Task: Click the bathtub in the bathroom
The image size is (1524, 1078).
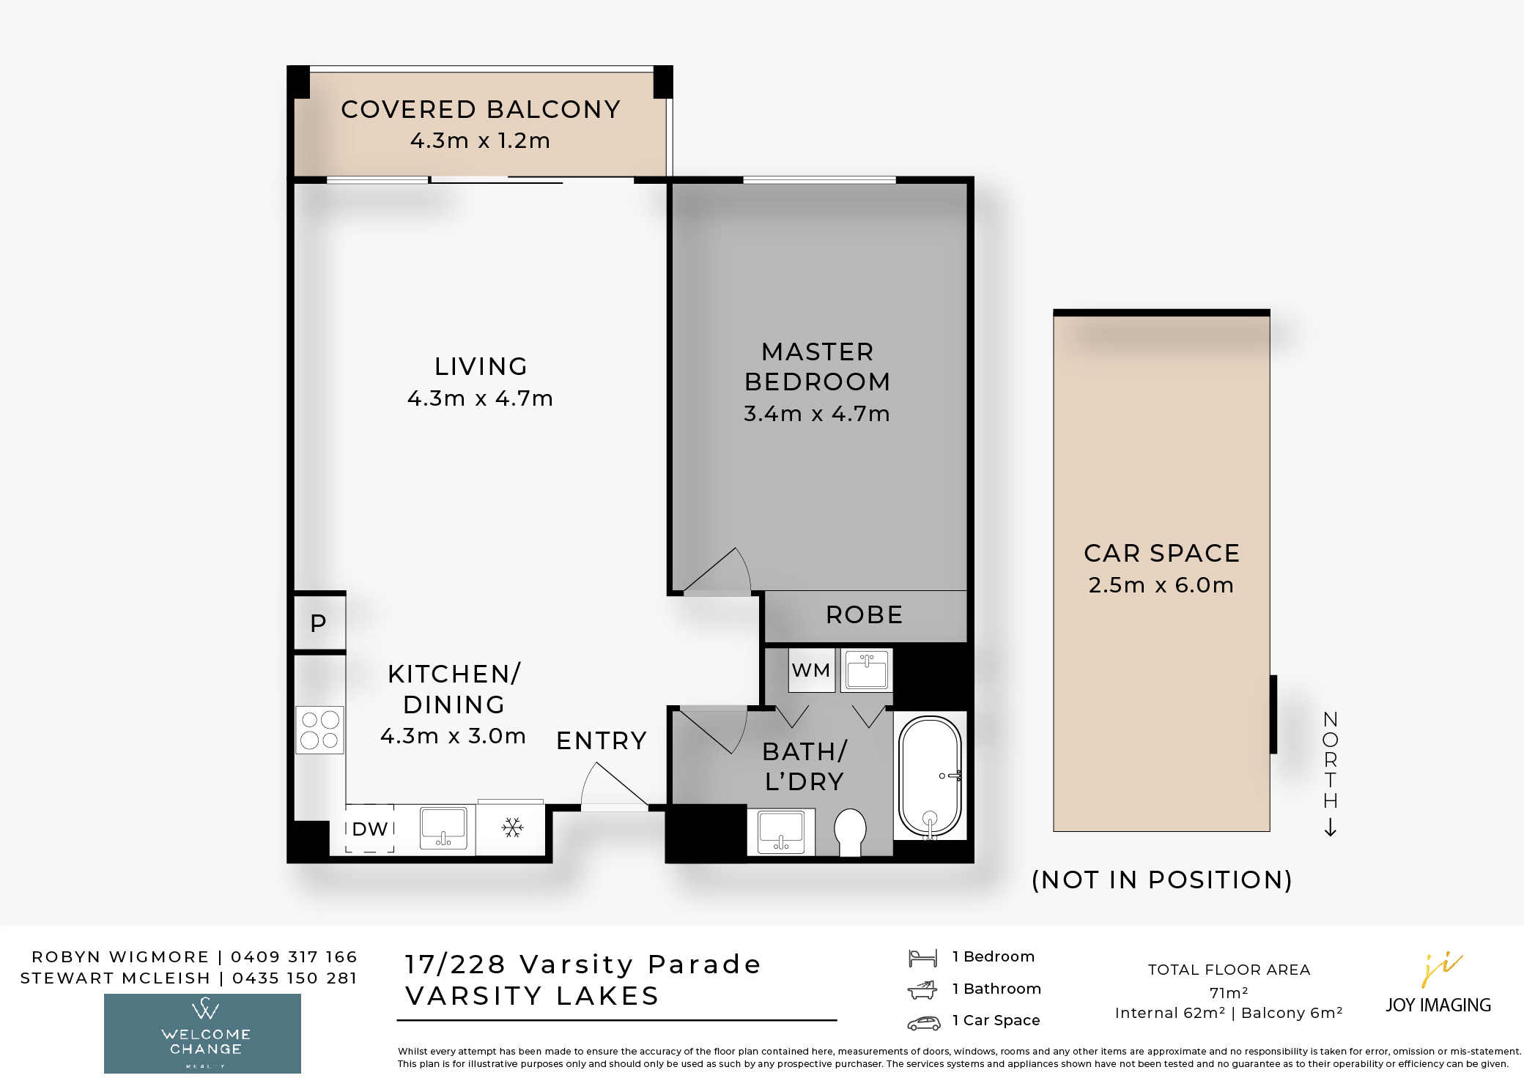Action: [x=930, y=776]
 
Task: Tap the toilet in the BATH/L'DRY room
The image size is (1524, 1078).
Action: [x=850, y=832]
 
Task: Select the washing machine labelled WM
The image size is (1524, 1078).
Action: [x=812, y=670]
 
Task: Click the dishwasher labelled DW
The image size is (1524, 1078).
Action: [x=370, y=829]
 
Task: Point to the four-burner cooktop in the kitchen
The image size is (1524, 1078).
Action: [x=320, y=729]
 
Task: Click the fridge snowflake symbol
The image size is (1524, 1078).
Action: [x=512, y=828]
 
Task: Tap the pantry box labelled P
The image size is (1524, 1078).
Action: [x=319, y=622]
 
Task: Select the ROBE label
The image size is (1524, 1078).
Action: [x=865, y=614]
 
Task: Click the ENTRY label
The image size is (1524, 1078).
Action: [x=602, y=740]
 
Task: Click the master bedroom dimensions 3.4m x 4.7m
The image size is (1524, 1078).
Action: [x=817, y=414]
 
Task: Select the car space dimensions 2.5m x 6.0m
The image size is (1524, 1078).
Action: [x=1161, y=585]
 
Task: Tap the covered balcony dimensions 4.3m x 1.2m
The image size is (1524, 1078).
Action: [x=481, y=140]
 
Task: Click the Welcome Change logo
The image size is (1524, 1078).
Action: [x=202, y=1033]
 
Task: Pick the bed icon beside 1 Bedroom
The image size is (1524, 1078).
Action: [x=922, y=957]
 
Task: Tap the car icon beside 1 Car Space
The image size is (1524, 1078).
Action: [x=924, y=1023]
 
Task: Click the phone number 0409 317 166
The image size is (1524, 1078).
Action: [x=294, y=956]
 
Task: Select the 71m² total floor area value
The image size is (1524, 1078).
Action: [x=1229, y=992]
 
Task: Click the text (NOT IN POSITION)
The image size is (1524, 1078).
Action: [x=1162, y=880]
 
